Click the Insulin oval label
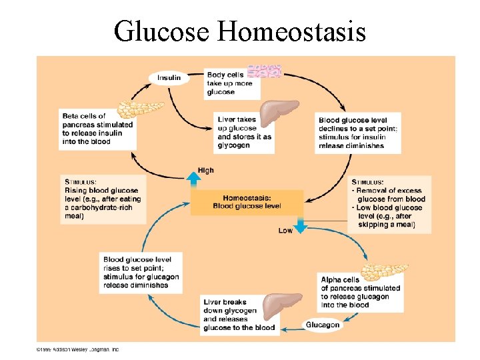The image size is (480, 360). [x=169, y=78]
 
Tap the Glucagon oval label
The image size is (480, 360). [x=323, y=325]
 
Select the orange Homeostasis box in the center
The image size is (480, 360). [x=247, y=202]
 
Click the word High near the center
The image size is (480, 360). [x=206, y=171]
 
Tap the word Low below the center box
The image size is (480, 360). [x=285, y=231]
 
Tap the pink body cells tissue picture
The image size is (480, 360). [x=264, y=71]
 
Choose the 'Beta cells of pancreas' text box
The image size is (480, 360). [x=97, y=129]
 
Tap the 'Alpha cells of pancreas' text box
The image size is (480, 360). [x=361, y=292]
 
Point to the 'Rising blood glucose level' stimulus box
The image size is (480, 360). [x=99, y=198]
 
